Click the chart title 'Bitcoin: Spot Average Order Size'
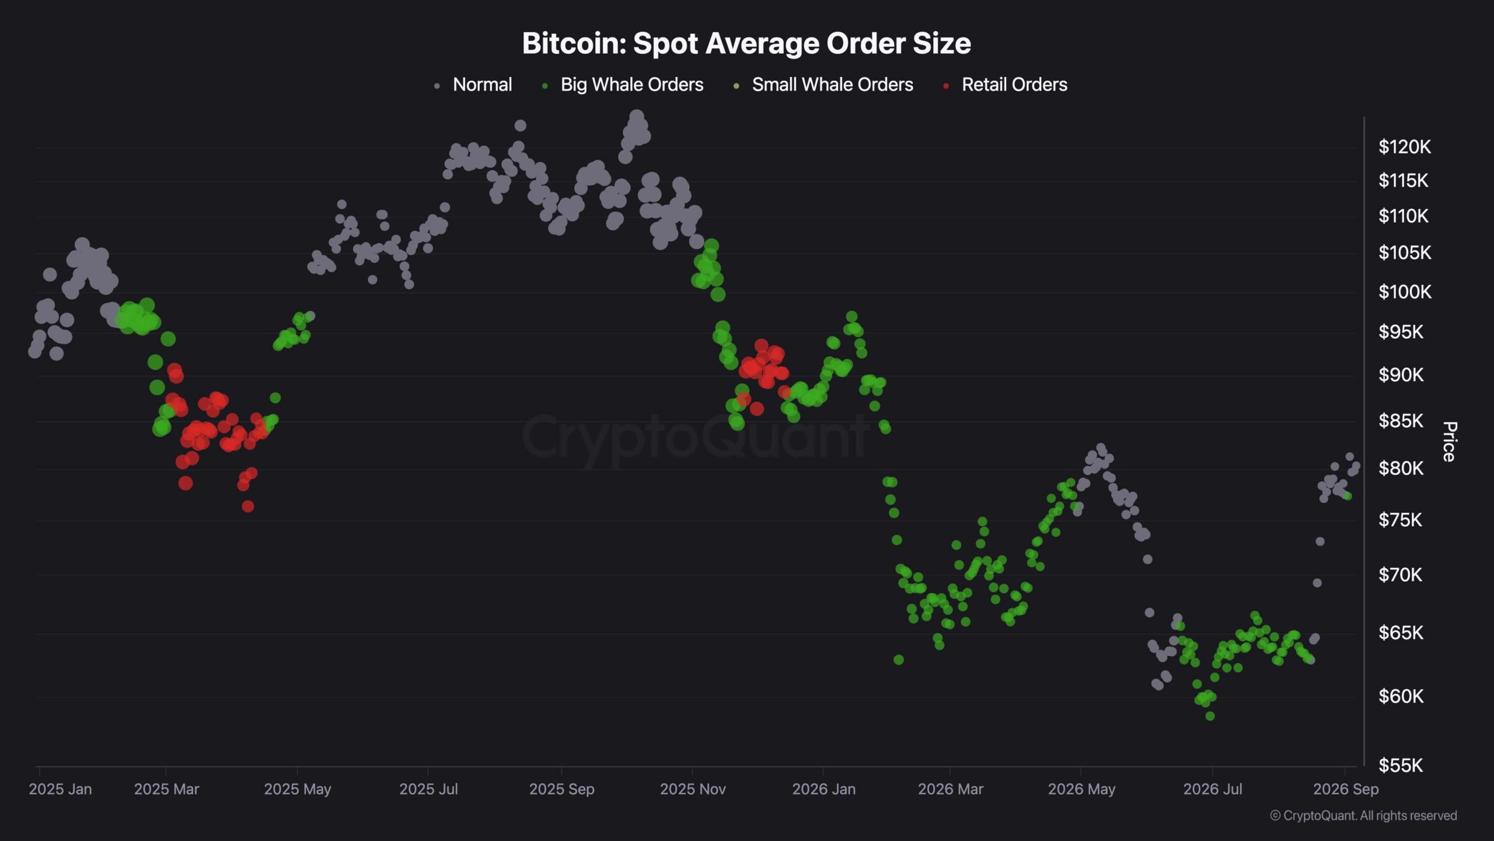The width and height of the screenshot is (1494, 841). tap(746, 43)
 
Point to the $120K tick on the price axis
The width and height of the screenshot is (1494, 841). tap(1405, 147)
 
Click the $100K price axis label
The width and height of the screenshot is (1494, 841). tap(1405, 291)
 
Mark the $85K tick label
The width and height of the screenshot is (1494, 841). tap(1401, 420)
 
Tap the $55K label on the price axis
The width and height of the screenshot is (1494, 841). tap(1401, 765)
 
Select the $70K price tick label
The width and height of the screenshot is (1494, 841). tap(1401, 575)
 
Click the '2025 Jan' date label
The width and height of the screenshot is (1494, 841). tap(60, 789)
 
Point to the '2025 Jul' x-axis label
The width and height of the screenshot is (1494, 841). tap(428, 789)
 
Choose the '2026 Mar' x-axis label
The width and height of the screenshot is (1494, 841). tap(951, 789)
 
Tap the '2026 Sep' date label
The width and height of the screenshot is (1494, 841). tap(1346, 789)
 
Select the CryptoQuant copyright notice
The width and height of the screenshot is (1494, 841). tap(1363, 815)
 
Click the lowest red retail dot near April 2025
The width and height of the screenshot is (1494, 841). tap(248, 506)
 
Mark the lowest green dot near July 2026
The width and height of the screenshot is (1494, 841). tap(1210, 716)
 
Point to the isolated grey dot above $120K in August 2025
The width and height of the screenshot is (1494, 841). tap(520, 126)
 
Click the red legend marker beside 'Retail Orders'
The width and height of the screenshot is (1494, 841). tap(946, 86)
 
